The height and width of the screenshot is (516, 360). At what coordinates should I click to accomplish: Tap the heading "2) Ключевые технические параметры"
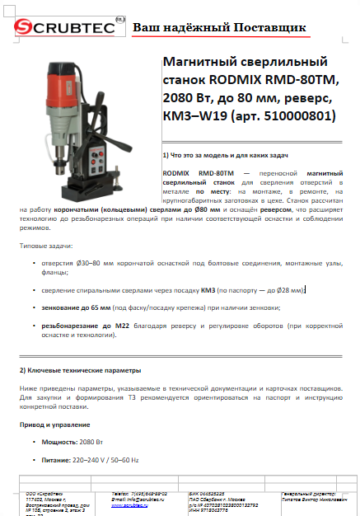coord(80,370)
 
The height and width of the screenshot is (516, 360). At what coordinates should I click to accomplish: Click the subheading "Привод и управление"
coord(54,424)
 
